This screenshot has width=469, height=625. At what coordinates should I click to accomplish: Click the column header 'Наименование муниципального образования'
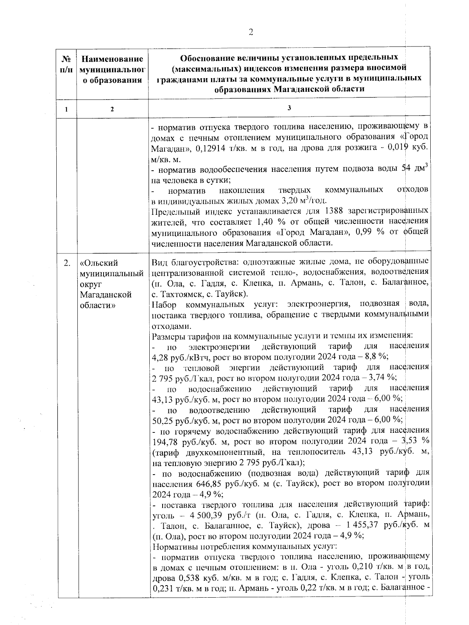point(112,70)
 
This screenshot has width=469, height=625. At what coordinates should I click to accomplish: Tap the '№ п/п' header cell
point(67,64)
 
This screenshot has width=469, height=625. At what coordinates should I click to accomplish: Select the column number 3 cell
point(289,108)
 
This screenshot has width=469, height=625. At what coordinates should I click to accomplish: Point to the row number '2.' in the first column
point(67,263)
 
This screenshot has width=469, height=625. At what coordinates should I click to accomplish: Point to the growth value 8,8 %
point(376,357)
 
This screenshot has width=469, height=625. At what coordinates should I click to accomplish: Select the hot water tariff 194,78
point(164,441)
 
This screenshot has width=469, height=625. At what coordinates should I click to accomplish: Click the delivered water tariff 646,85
point(207,484)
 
